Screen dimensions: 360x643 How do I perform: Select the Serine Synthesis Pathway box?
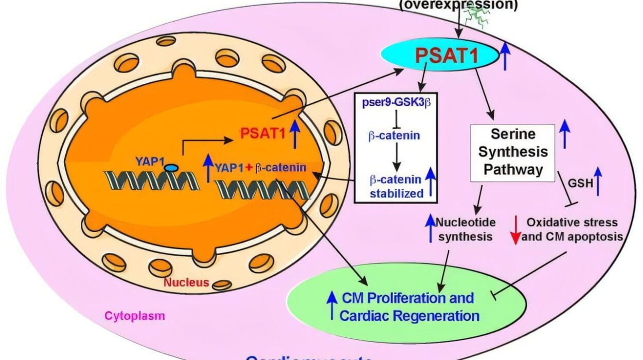pos(513,153)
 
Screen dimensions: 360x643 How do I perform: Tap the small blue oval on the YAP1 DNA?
pos(171,168)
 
